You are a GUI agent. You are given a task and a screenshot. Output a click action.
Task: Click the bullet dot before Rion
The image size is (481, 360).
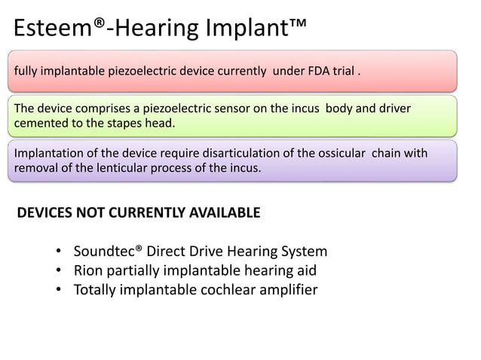[x=59, y=270]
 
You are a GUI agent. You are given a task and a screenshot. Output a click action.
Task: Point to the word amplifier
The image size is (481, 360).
[x=286, y=289]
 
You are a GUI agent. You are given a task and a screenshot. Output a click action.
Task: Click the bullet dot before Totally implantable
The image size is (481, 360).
[x=59, y=290]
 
